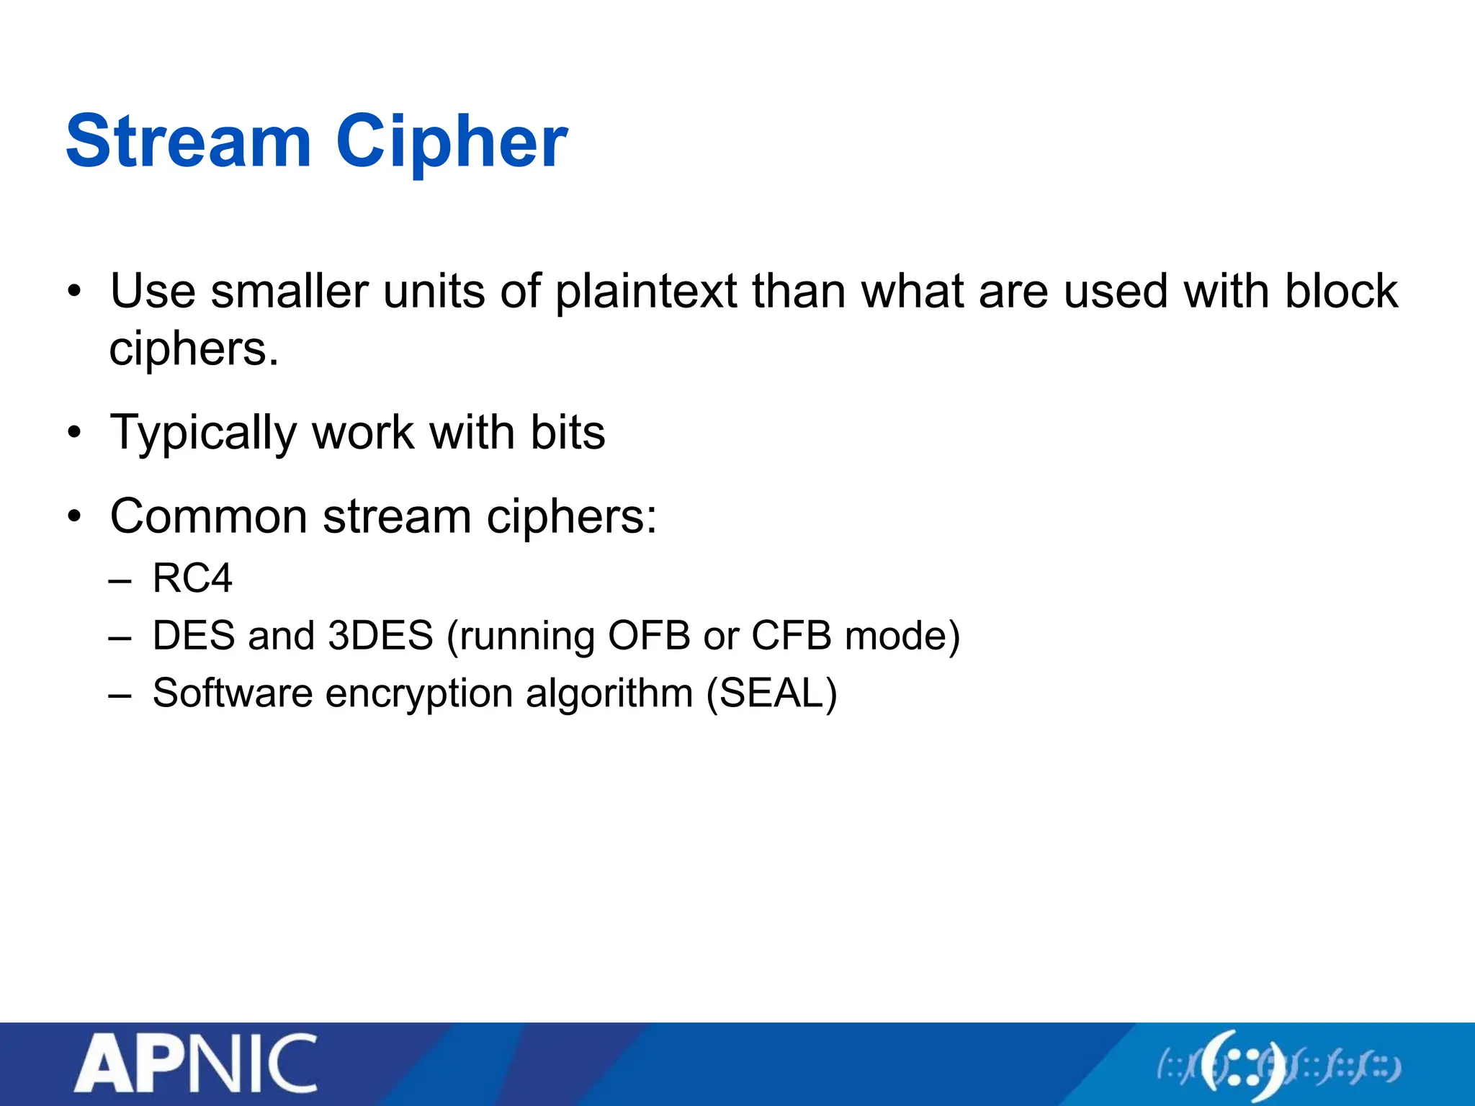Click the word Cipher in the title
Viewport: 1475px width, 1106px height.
tap(452, 143)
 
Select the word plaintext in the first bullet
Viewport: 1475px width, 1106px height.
tap(646, 292)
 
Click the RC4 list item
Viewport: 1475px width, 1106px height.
tap(192, 578)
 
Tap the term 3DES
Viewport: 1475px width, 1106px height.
tap(380, 636)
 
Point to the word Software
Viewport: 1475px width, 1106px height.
tap(233, 693)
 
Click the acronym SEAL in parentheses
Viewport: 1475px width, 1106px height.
tap(771, 693)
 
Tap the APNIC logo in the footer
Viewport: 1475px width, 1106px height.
tap(195, 1064)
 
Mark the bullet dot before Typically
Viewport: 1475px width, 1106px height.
tap(74, 433)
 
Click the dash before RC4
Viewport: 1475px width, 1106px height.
tap(120, 580)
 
